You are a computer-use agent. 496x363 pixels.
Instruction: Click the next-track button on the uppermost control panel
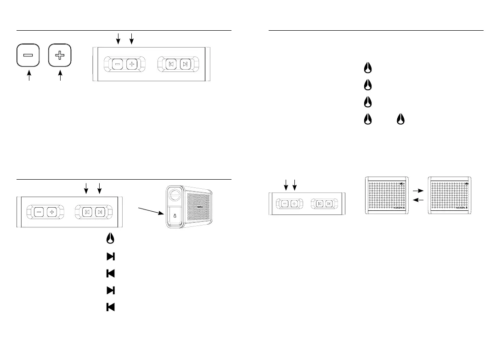[x=185, y=64]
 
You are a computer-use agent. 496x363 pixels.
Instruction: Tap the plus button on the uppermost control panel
[x=131, y=64]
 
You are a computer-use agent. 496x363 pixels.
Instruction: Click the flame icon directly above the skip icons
[x=110, y=239]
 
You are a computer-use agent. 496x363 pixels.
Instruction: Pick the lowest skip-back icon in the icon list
[x=110, y=307]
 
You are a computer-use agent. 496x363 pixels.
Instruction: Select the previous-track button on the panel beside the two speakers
[x=319, y=203]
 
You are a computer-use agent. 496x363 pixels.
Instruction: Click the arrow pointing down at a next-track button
[x=99, y=187]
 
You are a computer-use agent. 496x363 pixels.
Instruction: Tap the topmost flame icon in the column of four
[x=367, y=68]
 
